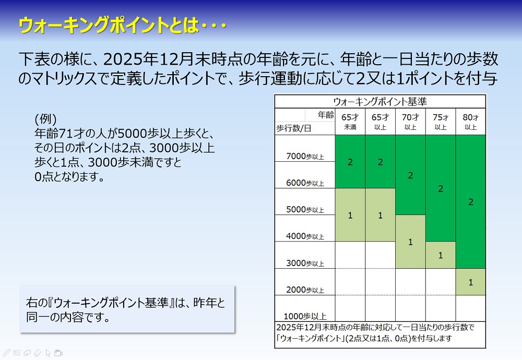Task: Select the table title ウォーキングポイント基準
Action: click(x=380, y=101)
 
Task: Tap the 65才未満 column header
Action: click(x=350, y=122)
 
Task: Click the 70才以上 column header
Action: click(x=410, y=122)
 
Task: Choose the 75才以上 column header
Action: click(x=441, y=122)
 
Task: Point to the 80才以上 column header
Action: click(x=470, y=122)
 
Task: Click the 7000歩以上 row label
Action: click(x=305, y=156)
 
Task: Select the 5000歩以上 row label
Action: click(x=305, y=210)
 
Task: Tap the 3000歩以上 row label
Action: click(x=305, y=263)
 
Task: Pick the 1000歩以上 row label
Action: click(x=305, y=316)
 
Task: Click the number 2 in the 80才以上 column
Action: click(x=471, y=202)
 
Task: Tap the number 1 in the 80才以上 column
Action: click(x=471, y=282)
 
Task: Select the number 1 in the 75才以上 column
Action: click(x=441, y=255)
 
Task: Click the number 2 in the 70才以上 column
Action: click(x=410, y=175)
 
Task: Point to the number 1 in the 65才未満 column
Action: click(x=350, y=215)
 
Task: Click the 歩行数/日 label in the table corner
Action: click(x=293, y=128)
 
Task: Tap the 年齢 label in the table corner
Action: click(x=325, y=115)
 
